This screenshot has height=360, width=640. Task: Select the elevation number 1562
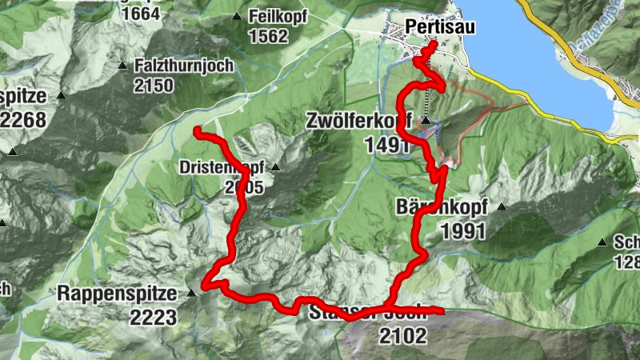(267, 36)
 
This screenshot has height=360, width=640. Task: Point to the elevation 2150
(154, 85)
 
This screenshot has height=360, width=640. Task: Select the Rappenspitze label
(117, 294)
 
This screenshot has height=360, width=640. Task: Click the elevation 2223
(154, 317)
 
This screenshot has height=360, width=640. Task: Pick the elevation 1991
(463, 231)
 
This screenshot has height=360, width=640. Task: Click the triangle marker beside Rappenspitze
(190, 294)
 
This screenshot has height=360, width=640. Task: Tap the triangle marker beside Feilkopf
(236, 17)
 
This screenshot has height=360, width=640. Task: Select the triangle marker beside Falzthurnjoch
(122, 66)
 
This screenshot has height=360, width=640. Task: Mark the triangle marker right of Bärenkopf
(502, 206)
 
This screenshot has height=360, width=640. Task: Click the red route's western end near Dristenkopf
(197, 130)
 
